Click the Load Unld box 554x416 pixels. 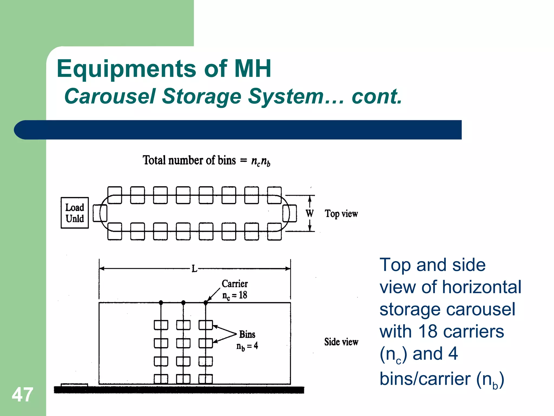coord(75,213)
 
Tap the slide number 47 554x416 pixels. coord(22,395)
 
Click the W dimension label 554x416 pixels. coord(309,213)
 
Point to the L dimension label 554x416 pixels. coord(194,269)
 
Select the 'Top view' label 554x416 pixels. coord(341,214)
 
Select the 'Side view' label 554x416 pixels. coord(341,342)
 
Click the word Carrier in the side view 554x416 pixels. coord(235,284)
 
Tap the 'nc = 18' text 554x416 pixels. coord(235,295)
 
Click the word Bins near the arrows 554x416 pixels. coord(247,334)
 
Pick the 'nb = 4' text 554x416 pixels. coord(247,346)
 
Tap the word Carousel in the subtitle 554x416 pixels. coord(110,96)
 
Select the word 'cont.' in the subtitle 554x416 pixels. coord(377,96)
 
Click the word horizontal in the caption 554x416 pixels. coord(482,287)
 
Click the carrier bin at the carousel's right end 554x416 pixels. coord(289,213)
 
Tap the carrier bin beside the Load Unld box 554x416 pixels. coord(100,213)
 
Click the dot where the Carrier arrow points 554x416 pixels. coord(206,303)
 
